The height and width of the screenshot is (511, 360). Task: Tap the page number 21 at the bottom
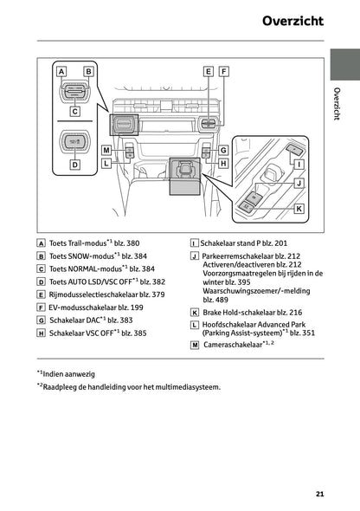[320, 494]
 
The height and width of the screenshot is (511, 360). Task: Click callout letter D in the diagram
[74, 164]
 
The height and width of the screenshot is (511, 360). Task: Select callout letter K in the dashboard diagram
[299, 209]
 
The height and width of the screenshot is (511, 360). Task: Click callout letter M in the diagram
[106, 150]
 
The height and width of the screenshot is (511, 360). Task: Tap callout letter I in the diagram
[299, 163]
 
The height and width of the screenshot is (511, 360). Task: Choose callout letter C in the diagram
[74, 111]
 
